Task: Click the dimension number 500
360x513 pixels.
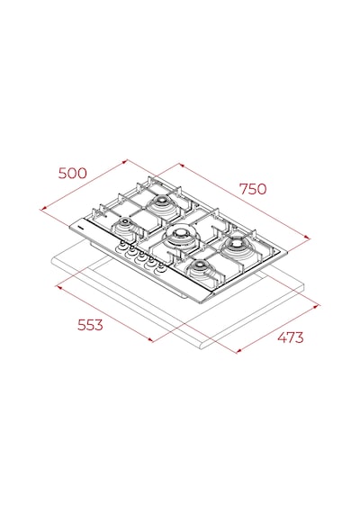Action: pyautogui.click(x=73, y=173)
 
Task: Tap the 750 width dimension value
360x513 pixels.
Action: pyautogui.click(x=253, y=189)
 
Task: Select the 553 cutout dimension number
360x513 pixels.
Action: pyautogui.click(x=90, y=325)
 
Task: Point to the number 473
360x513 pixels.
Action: pyautogui.click(x=291, y=337)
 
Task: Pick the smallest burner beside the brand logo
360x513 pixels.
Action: pyautogui.click(x=125, y=225)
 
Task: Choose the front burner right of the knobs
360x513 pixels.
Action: pyautogui.click(x=200, y=267)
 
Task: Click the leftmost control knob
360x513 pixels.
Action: pyautogui.click(x=122, y=246)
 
